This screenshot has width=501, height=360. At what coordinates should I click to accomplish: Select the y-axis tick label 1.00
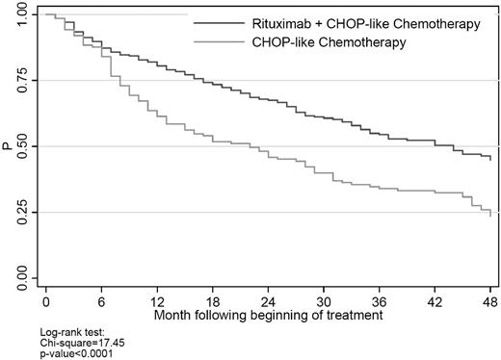[x=21, y=15]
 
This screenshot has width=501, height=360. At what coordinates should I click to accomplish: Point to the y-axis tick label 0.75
[x=21, y=81]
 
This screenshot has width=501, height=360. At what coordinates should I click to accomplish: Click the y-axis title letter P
[x=7, y=147]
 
